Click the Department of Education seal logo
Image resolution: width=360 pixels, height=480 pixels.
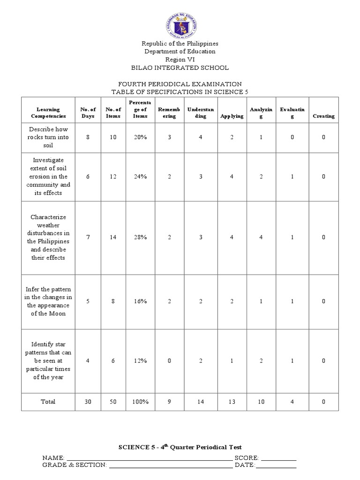tap(180, 22)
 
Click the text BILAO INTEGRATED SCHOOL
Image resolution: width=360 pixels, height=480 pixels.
tap(180, 68)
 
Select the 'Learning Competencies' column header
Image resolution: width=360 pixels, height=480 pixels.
tap(48, 112)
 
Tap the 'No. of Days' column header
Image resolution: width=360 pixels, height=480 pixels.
tap(88, 112)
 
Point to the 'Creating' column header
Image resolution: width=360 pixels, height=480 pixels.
tap(323, 116)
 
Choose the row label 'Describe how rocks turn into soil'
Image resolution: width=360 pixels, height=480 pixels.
tap(48, 137)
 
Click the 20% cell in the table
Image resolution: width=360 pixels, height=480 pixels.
tap(140, 137)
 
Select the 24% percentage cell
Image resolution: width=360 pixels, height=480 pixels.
tap(140, 177)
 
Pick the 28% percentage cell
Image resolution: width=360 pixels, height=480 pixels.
tap(140, 237)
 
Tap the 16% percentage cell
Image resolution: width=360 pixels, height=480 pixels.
tap(140, 301)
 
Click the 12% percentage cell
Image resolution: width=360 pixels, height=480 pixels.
tap(140, 360)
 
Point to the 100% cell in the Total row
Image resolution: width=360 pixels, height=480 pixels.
tap(140, 402)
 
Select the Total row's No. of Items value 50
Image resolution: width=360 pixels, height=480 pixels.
tap(113, 402)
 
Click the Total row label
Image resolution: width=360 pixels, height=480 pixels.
tap(48, 402)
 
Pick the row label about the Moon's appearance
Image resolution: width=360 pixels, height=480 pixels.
tap(48, 301)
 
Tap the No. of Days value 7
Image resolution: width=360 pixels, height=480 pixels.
tap(88, 237)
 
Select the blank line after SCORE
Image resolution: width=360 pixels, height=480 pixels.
tap(278, 458)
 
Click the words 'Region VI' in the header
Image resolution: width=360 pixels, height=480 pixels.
tap(180, 60)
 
